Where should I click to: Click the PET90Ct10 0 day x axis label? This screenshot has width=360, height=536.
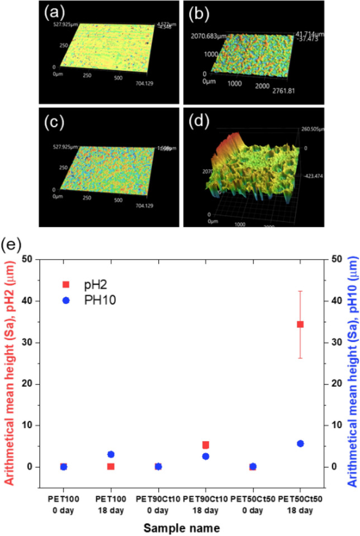click(158, 502)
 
